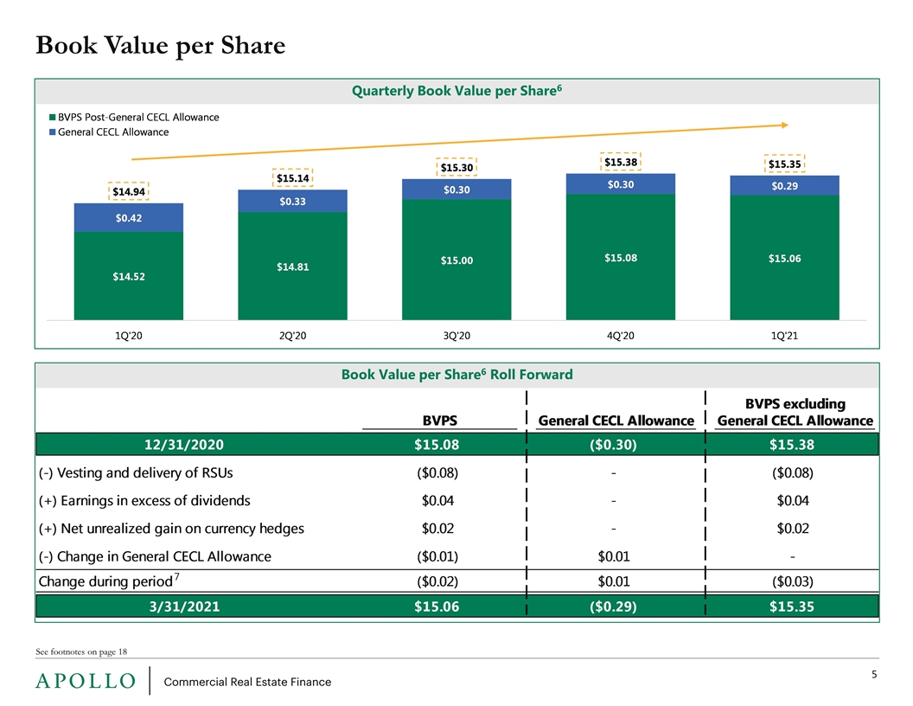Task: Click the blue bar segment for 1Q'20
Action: pyautogui.click(x=129, y=217)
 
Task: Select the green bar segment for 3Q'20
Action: pyautogui.click(x=456, y=260)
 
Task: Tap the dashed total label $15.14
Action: pyautogui.click(x=292, y=177)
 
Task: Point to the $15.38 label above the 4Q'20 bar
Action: pyautogui.click(x=621, y=162)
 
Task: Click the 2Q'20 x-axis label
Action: pyautogui.click(x=292, y=336)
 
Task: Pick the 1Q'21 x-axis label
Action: pyautogui.click(x=784, y=336)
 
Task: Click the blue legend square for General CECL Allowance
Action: pyautogui.click(x=53, y=132)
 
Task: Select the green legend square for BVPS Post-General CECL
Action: pyautogui.click(x=53, y=117)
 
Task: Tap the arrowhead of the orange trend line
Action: pyautogui.click(x=785, y=125)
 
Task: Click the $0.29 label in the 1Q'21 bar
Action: pyautogui.click(x=784, y=186)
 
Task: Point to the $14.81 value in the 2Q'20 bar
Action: pyautogui.click(x=292, y=266)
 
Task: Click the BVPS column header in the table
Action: pyautogui.click(x=439, y=420)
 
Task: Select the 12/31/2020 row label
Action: pyautogui.click(x=184, y=445)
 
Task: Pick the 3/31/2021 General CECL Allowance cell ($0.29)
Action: pyautogui.click(x=613, y=607)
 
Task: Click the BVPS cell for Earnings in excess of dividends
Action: pyautogui.click(x=437, y=500)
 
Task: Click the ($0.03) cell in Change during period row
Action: pyautogui.click(x=793, y=581)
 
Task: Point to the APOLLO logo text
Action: pyautogui.click(x=86, y=681)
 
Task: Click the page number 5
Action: pyautogui.click(x=874, y=675)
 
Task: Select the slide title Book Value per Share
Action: pyautogui.click(x=161, y=46)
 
